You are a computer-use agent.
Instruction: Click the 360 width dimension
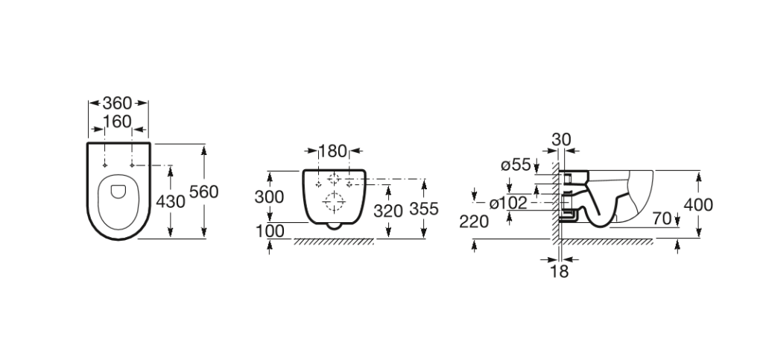point(117,103)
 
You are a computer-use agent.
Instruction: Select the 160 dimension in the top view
point(117,121)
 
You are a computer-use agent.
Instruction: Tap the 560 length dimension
point(204,192)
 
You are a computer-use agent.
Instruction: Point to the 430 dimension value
point(171,201)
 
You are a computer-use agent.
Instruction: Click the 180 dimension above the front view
point(333,151)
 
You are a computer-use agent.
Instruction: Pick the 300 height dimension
point(269,197)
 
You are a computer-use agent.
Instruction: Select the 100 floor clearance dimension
point(269,231)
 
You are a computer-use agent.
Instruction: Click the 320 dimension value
point(388,211)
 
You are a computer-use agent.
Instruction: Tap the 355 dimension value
point(424,209)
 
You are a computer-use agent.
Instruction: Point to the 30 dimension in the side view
point(561,139)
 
